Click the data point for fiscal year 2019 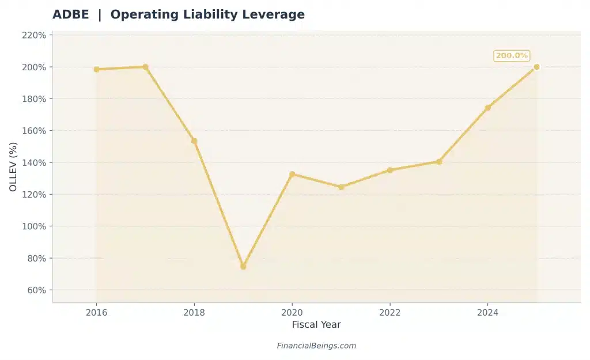243,266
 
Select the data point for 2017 145,67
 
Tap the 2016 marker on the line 96,69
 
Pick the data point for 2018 194,141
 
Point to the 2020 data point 292,174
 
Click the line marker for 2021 341,187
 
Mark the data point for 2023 439,162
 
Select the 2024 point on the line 487,108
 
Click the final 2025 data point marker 536,67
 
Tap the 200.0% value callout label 512,56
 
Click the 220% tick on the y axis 34,35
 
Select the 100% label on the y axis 34,226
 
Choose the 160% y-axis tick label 34,131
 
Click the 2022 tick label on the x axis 390,312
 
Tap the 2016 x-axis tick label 96,312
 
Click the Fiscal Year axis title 316,325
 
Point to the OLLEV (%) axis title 13,166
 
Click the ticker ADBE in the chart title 71,15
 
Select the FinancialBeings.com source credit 316,346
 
